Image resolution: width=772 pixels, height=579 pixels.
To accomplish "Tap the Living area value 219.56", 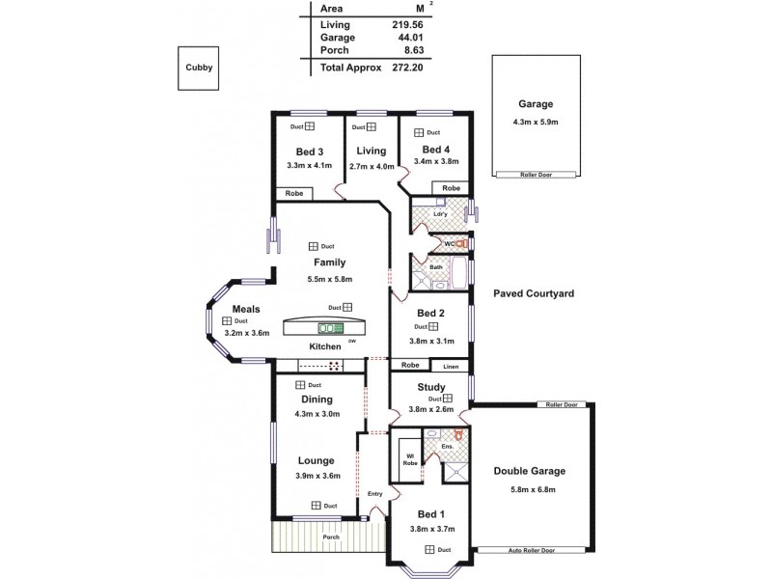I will click(x=409, y=24).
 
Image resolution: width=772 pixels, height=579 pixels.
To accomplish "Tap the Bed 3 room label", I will click(x=309, y=152).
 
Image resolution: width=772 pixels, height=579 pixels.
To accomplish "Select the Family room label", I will click(x=329, y=262).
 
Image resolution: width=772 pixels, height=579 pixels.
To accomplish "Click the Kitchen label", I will click(x=325, y=346).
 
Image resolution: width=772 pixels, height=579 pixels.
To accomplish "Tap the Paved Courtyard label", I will click(x=534, y=292).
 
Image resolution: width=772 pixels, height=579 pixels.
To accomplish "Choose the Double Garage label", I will click(x=529, y=472).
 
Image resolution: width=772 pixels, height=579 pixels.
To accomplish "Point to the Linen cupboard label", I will click(x=451, y=367).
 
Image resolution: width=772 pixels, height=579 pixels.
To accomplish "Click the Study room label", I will click(x=430, y=387).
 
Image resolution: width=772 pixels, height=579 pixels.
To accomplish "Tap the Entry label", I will click(x=374, y=494).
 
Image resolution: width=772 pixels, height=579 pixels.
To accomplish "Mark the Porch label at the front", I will click(x=331, y=538).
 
